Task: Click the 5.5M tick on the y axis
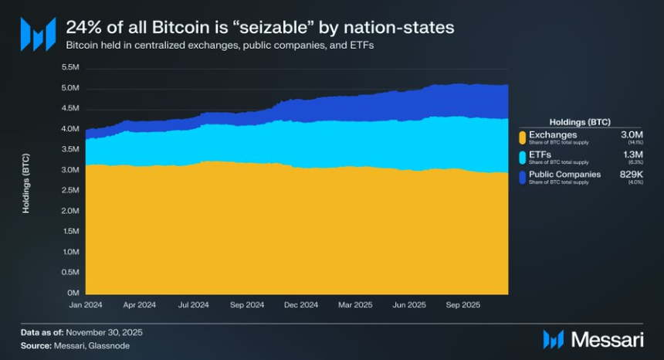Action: (x=69, y=67)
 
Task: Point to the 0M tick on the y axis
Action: (x=73, y=293)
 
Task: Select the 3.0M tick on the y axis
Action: (x=69, y=170)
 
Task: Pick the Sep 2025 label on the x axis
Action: (x=464, y=305)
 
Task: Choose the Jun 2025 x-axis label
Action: (x=409, y=305)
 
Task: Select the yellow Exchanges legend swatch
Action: (x=523, y=138)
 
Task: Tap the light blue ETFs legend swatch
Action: (x=523, y=158)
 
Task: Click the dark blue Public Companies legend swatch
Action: (x=523, y=178)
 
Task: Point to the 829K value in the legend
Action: (x=632, y=175)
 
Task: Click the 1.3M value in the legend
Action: (x=633, y=155)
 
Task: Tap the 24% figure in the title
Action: (x=82, y=27)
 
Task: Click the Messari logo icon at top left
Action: (x=37, y=34)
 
